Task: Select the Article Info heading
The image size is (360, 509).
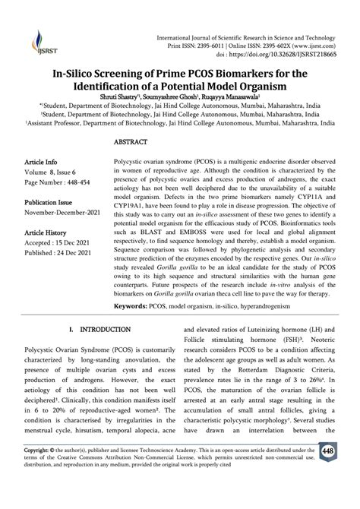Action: click(41, 163)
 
